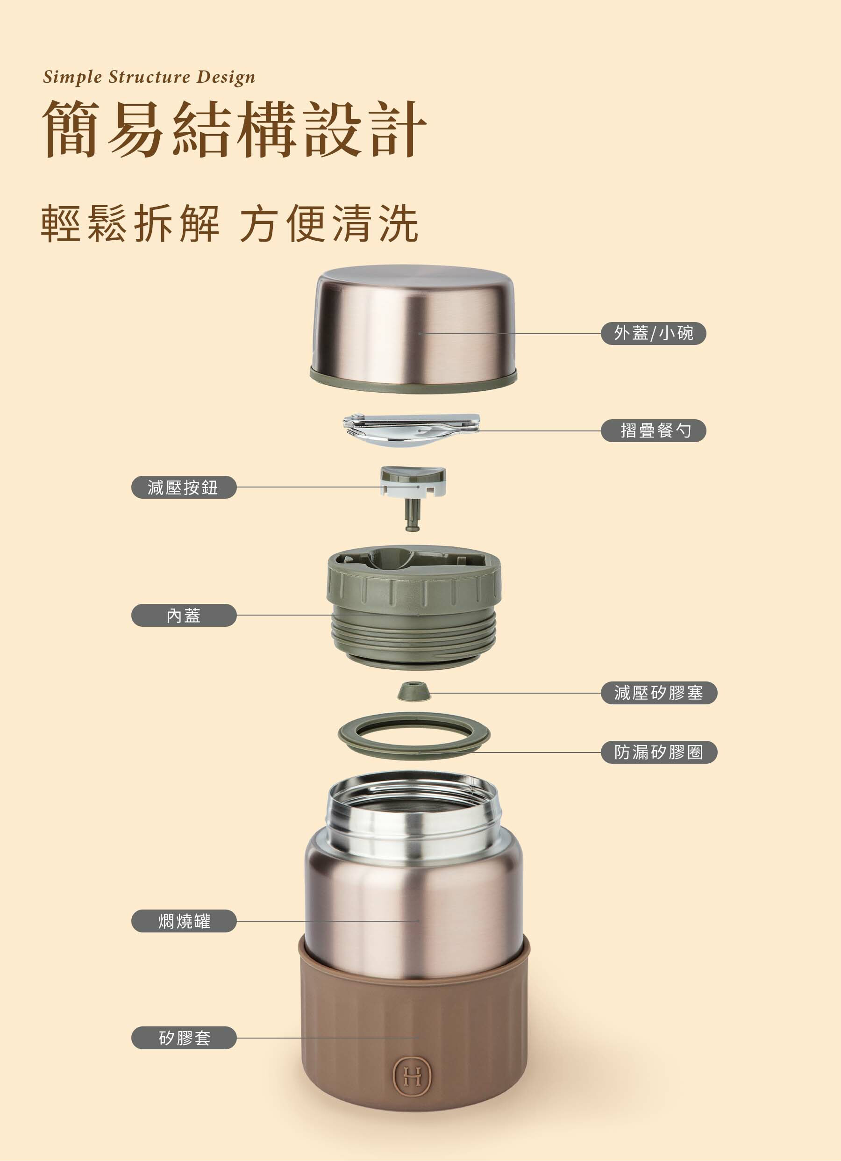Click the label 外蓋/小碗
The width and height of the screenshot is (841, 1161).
(653, 333)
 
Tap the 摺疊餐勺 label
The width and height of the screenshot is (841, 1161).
(653, 430)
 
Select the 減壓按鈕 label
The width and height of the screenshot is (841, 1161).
(184, 487)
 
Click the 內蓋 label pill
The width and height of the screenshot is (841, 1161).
(184, 615)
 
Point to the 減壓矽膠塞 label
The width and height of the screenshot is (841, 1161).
(659, 693)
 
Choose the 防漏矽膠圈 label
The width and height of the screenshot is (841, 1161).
(659, 752)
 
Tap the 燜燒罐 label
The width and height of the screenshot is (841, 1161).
(184, 921)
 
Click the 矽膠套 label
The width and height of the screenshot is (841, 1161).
(184, 1038)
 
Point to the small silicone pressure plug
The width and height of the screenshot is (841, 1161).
(414, 691)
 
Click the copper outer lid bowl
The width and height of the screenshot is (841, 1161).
(413, 329)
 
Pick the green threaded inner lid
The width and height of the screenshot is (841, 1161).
(413, 607)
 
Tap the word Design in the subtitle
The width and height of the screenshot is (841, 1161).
(226, 77)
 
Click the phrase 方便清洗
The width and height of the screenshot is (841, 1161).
(329, 223)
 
